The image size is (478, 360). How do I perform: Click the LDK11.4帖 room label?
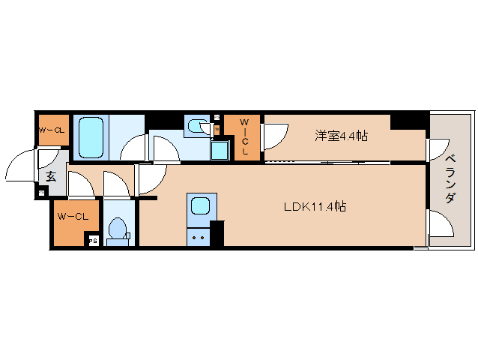314,206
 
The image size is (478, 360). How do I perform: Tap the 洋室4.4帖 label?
341,136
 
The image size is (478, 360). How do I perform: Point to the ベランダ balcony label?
450,178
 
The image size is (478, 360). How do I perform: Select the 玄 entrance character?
51,177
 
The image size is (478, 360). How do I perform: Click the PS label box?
94,241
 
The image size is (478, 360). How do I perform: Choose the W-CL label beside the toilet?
73,217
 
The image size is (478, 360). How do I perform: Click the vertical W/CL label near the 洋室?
244,136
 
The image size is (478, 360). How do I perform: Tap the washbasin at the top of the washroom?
198,127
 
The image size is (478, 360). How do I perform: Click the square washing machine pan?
220,150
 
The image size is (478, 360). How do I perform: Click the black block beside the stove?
217,233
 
